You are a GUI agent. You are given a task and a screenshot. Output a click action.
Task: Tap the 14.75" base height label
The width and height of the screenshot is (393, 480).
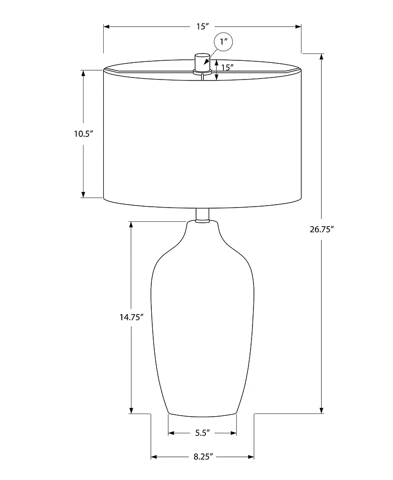[131, 317]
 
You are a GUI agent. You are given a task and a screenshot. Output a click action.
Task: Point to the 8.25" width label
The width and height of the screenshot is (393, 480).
[202, 457]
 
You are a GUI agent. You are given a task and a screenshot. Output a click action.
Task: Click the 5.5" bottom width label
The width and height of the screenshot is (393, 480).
[202, 433]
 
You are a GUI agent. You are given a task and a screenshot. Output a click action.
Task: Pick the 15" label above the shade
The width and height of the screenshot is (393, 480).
[202, 27]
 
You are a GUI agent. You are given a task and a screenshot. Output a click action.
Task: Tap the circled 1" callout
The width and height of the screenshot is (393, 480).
[224, 42]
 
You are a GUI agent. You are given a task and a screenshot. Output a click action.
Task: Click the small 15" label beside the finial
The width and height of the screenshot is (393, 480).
[226, 68]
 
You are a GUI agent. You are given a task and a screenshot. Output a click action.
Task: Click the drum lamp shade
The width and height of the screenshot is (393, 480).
[202, 137]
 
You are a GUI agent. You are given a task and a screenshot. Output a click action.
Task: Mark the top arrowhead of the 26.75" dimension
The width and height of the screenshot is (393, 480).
[322, 56]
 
